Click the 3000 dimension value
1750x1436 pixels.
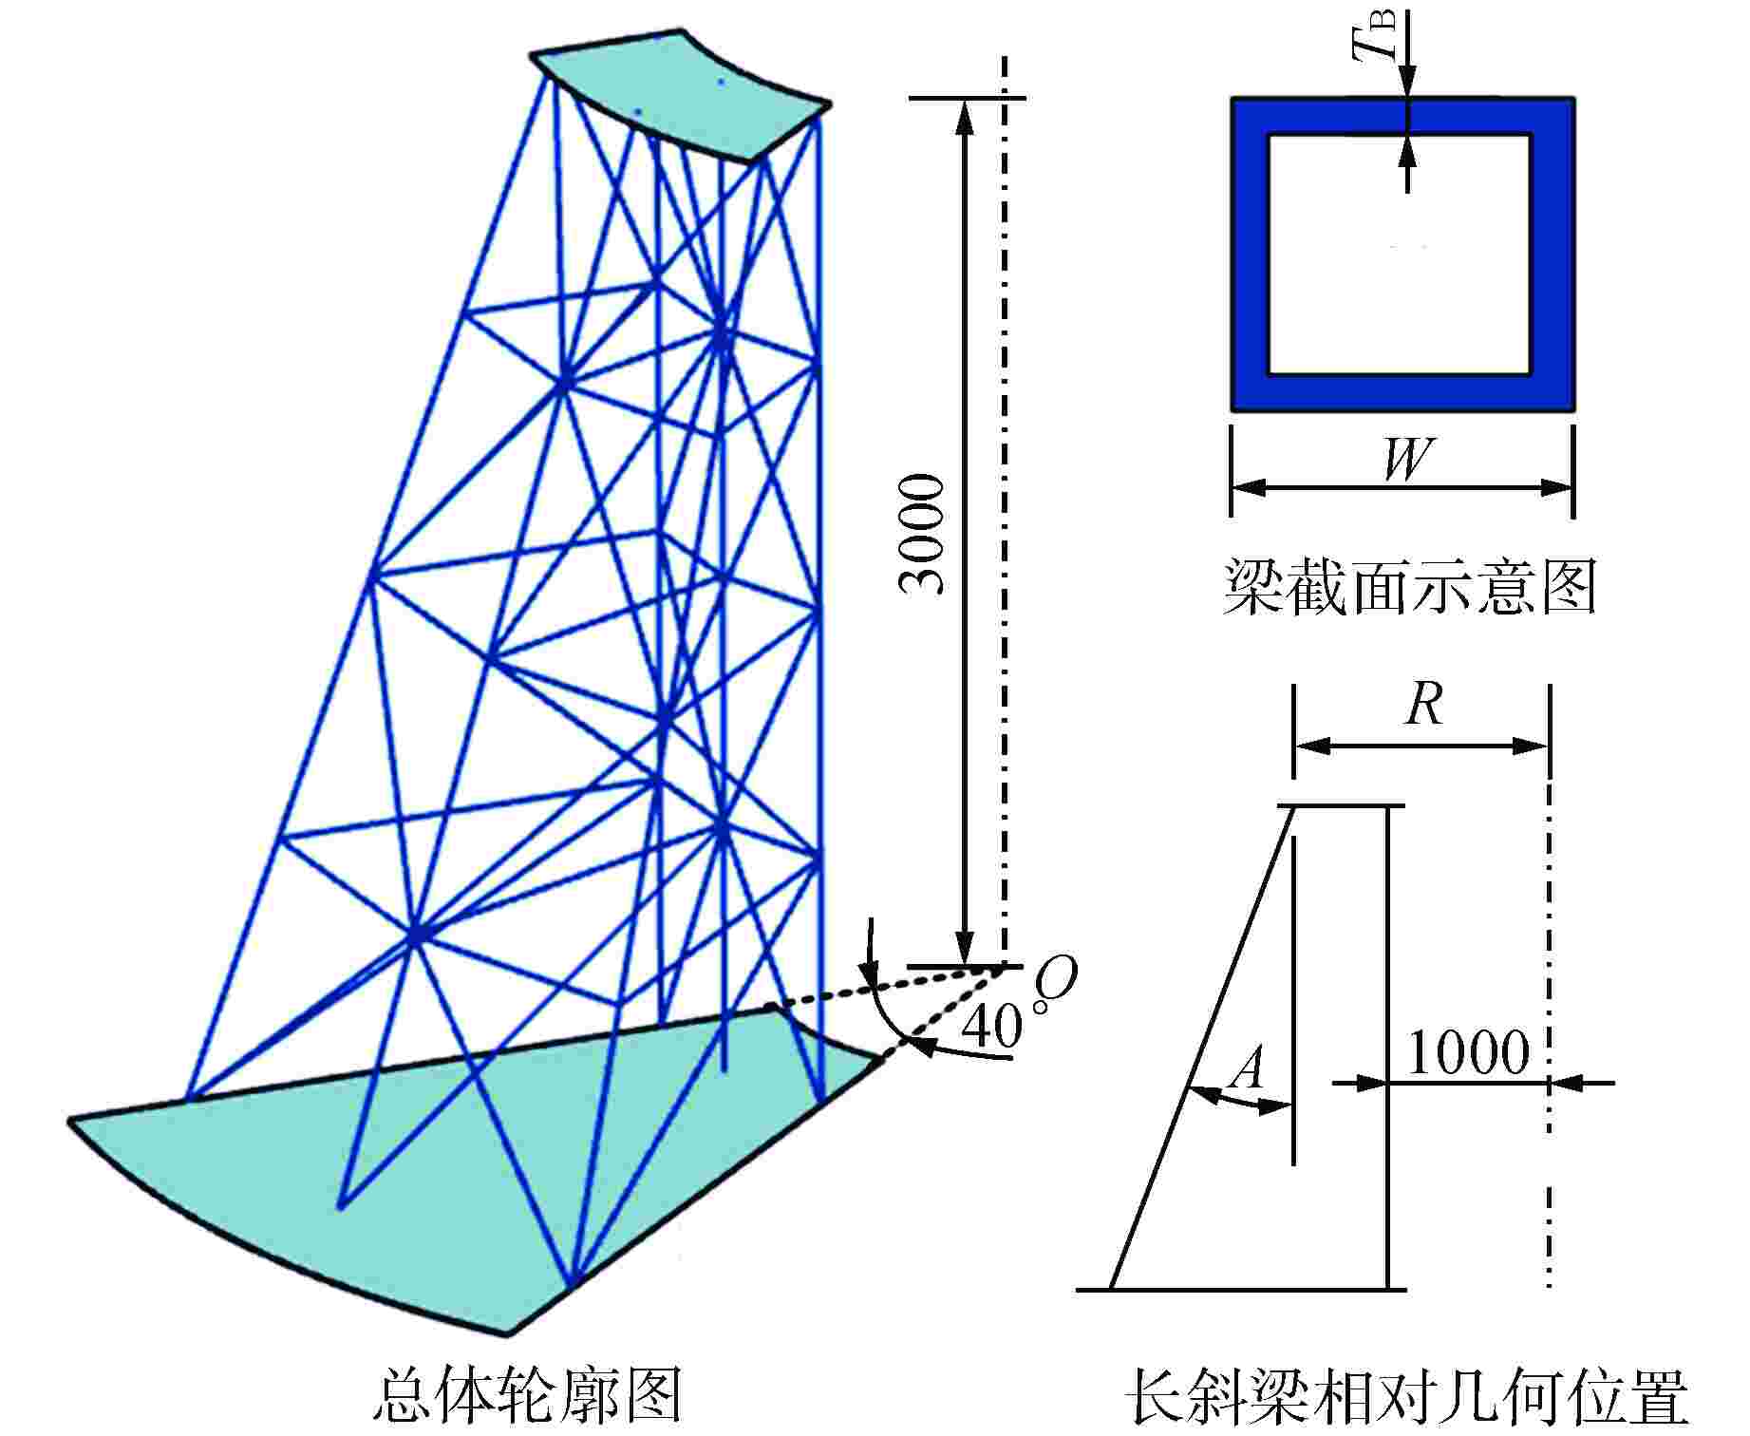point(922,534)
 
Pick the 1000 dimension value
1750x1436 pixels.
point(1468,1052)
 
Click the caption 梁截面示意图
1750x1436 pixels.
point(1409,587)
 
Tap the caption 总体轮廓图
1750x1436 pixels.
point(527,1393)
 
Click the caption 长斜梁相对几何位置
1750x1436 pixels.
point(1406,1396)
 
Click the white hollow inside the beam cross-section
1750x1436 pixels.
point(1400,254)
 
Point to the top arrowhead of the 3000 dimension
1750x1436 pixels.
point(966,114)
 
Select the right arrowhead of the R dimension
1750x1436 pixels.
point(1535,746)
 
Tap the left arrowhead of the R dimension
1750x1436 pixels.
point(1308,746)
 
